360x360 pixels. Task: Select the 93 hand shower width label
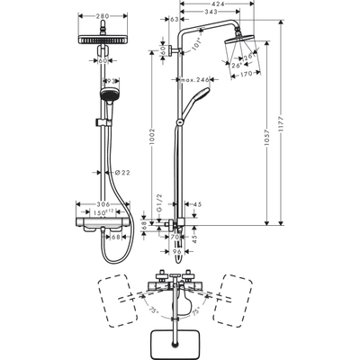110,82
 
